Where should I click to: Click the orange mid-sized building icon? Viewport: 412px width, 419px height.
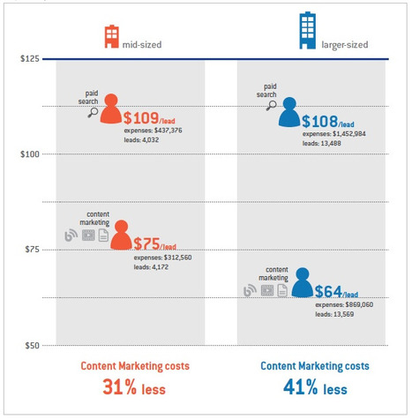tap(112, 36)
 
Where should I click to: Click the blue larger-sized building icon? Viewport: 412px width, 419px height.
tap(307, 30)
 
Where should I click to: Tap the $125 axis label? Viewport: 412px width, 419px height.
tap(29, 58)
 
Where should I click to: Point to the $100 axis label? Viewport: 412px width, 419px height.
tap(29, 154)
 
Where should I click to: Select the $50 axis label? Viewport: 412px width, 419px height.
tap(32, 345)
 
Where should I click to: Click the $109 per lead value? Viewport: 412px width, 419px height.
tap(149, 118)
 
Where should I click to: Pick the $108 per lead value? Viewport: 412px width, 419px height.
tap(328, 121)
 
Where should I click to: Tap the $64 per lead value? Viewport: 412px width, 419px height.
tap(336, 291)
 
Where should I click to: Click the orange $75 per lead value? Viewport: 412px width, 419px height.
tap(155, 243)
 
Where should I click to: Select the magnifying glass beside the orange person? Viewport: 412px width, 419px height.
tap(93, 112)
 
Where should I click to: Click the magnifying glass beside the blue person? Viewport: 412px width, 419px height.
tap(272, 106)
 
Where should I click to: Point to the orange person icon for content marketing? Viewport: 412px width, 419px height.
tap(121, 235)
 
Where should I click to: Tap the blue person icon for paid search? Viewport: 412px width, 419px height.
tap(289, 112)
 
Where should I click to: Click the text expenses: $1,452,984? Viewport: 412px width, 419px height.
tap(334, 134)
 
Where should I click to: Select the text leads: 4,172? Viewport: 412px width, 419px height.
tap(151, 267)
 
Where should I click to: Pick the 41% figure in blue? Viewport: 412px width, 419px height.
tap(301, 386)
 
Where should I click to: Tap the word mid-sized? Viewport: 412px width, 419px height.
tap(142, 45)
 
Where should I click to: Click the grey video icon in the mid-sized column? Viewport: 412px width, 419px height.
tap(88, 236)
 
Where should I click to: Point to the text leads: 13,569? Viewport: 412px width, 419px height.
tap(334, 314)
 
